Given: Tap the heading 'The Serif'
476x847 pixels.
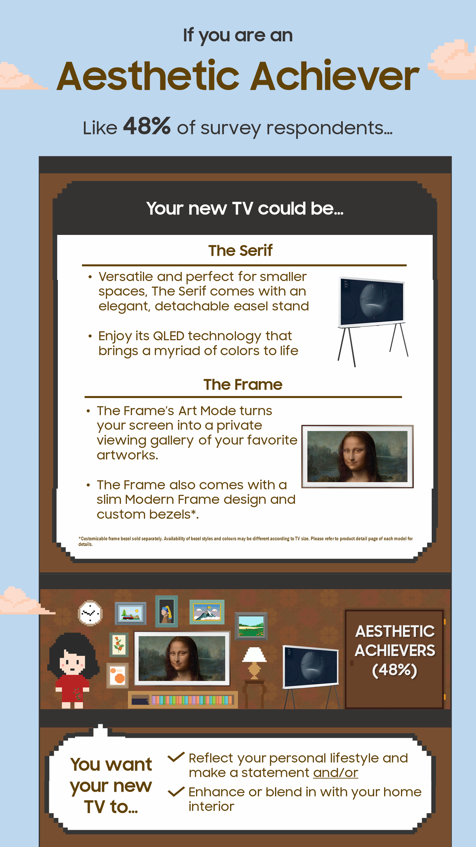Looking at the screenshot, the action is tap(240, 250).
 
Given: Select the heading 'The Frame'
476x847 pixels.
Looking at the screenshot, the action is tap(243, 384).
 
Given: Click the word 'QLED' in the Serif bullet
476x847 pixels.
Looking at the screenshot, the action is tap(169, 336).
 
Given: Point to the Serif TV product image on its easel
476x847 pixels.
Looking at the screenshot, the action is tap(373, 321).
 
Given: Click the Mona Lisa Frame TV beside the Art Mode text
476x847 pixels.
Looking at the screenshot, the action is tap(357, 457).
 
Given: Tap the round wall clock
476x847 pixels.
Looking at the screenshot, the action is tap(90, 613).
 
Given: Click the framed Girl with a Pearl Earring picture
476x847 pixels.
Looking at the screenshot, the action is tap(167, 611).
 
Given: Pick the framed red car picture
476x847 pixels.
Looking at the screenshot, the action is tap(130, 613).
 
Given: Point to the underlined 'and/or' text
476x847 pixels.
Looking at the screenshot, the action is tap(336, 773).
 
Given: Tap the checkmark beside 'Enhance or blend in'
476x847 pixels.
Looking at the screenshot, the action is tap(176, 792).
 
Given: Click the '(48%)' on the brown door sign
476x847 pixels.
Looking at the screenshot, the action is tap(395, 670).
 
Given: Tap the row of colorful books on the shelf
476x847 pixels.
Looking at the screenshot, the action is tap(192, 700).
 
